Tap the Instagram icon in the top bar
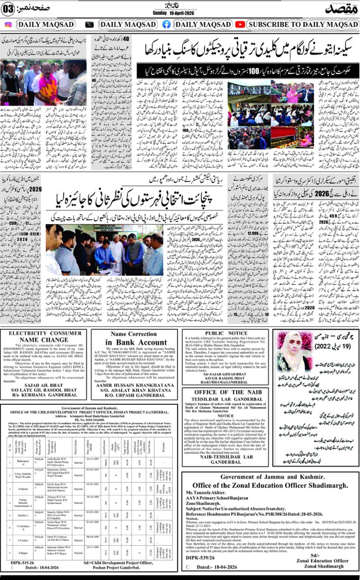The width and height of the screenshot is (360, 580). (x=8, y=24)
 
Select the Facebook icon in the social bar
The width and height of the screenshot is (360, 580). (x=166, y=24)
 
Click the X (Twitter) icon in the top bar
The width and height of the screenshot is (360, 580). (x=89, y=24)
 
